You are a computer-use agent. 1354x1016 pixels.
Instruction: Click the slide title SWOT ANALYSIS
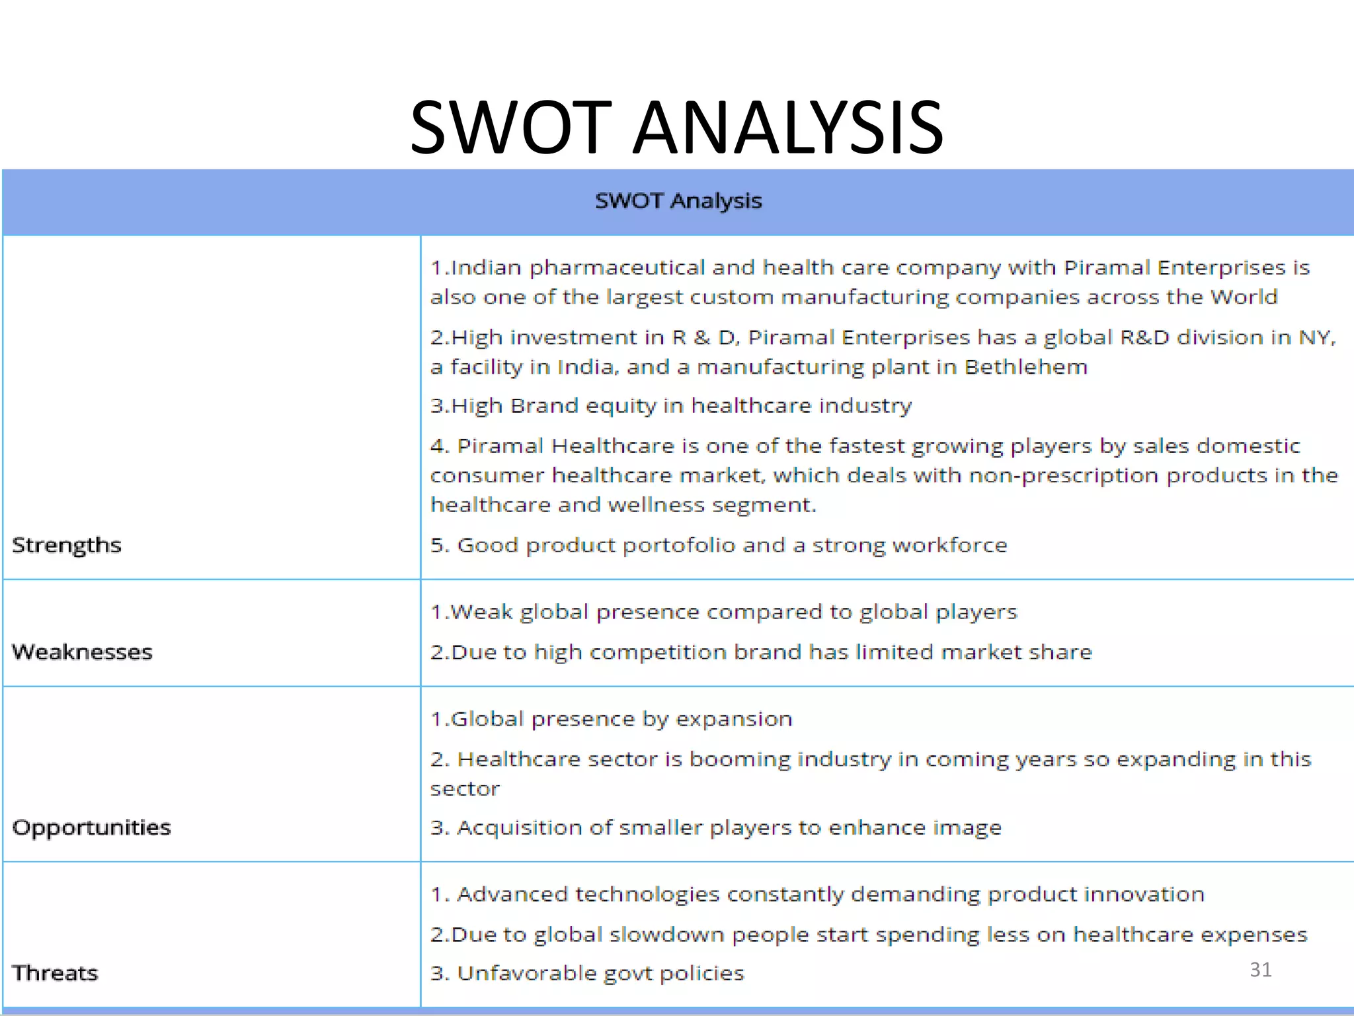click(676, 127)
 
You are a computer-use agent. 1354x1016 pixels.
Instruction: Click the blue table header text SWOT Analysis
click(678, 200)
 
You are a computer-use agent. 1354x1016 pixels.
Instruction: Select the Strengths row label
click(67, 546)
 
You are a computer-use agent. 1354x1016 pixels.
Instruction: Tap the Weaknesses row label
click(82, 652)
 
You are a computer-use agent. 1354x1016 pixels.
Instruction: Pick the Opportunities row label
click(91, 827)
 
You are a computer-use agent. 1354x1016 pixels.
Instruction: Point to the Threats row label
click(55, 973)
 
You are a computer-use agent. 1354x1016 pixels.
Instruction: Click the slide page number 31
click(1260, 970)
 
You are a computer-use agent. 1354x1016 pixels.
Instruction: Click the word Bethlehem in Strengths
click(1025, 367)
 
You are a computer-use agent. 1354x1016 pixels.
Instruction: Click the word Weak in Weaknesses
click(481, 612)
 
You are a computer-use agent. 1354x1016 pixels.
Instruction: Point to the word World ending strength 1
click(1244, 297)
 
